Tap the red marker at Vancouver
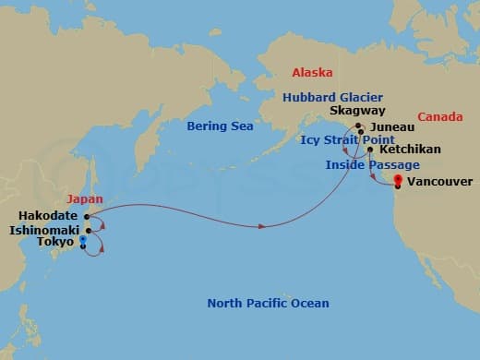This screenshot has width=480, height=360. pyautogui.click(x=398, y=180)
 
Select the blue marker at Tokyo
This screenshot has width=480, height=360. pyautogui.click(x=83, y=240)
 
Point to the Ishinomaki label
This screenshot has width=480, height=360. pyautogui.click(x=45, y=229)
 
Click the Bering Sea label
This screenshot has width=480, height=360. pyautogui.click(x=214, y=126)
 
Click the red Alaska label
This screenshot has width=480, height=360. pyautogui.click(x=312, y=71)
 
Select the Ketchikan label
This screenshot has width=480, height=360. pyautogui.click(x=410, y=149)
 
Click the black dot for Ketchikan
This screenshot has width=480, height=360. pyautogui.click(x=370, y=149)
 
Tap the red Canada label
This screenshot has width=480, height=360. pyautogui.click(x=440, y=117)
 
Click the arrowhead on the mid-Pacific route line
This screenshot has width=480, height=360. pyautogui.click(x=266, y=225)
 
